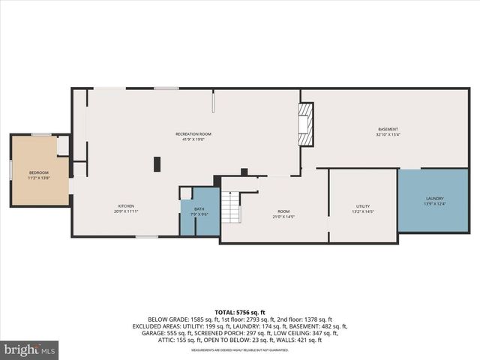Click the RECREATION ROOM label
[x=193, y=133]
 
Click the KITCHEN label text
[x=126, y=206]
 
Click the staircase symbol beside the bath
[x=232, y=206]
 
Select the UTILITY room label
[x=363, y=206]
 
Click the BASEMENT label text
[x=388, y=129]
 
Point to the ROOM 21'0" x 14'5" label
[x=283, y=212]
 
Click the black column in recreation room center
[x=157, y=163]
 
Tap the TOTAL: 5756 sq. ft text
[x=240, y=311]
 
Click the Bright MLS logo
[x=30, y=349]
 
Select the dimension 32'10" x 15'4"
[x=388, y=135]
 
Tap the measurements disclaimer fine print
[x=240, y=350]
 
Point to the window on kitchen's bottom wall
[x=147, y=237]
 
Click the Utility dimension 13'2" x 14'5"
[x=363, y=212]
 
